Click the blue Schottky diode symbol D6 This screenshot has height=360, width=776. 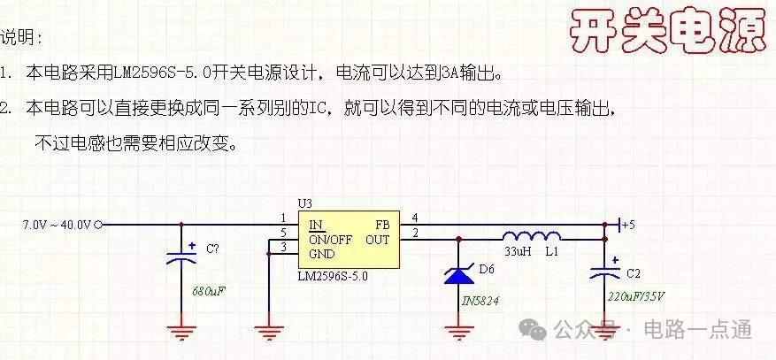(458, 274)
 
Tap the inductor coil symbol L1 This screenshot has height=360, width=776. (532, 236)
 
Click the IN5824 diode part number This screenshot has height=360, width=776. (480, 300)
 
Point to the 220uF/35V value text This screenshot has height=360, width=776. (636, 296)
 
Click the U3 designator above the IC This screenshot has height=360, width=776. (305, 203)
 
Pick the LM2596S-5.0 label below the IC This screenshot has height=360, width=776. (333, 276)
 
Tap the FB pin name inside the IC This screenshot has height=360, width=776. (382, 226)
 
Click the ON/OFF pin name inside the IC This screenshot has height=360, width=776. (331, 240)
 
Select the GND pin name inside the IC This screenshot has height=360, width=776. (322, 254)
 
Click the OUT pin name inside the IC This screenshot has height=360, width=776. (378, 240)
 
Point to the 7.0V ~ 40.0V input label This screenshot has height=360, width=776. (57, 225)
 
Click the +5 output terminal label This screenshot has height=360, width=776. (628, 225)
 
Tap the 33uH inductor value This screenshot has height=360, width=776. (518, 251)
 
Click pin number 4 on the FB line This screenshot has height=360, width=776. (415, 217)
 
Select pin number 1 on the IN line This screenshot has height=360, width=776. (283, 218)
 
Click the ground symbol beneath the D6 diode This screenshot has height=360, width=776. (458, 332)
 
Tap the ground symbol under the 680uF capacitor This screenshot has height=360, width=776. (181, 332)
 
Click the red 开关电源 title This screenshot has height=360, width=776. (668, 31)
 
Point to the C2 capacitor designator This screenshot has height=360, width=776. (634, 273)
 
